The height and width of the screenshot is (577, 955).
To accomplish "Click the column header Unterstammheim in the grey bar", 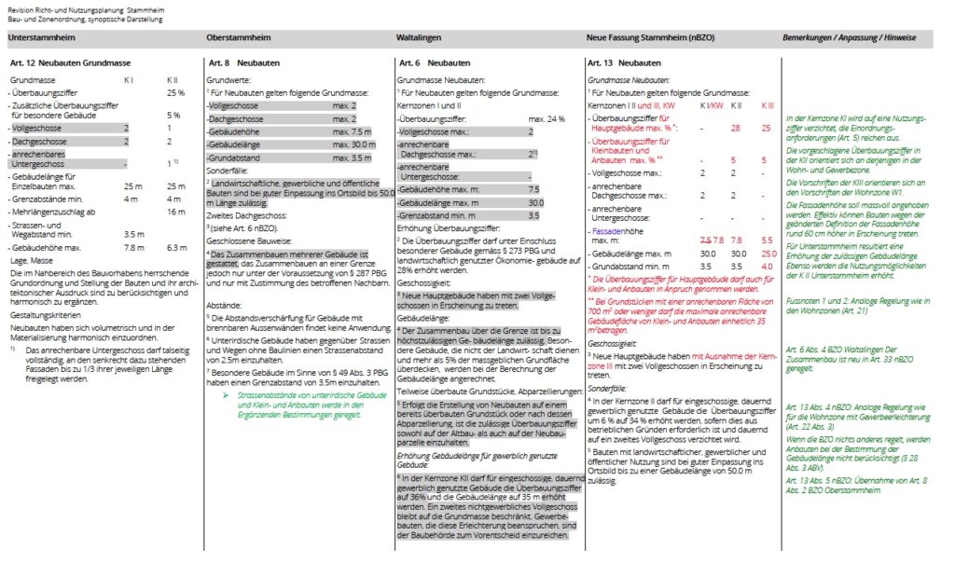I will tap(41, 38).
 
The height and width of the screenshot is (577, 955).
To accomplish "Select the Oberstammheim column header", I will tap(238, 38).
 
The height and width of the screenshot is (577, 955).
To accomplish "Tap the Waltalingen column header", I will tap(419, 38).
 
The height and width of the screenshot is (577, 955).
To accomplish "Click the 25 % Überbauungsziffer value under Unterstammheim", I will tap(175, 93).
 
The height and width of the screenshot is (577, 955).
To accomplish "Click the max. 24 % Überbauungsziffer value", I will tap(547, 119).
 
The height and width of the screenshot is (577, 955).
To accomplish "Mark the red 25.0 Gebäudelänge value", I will tap(768, 254).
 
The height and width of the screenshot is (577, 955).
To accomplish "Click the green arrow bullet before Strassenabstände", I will tap(227, 395).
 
